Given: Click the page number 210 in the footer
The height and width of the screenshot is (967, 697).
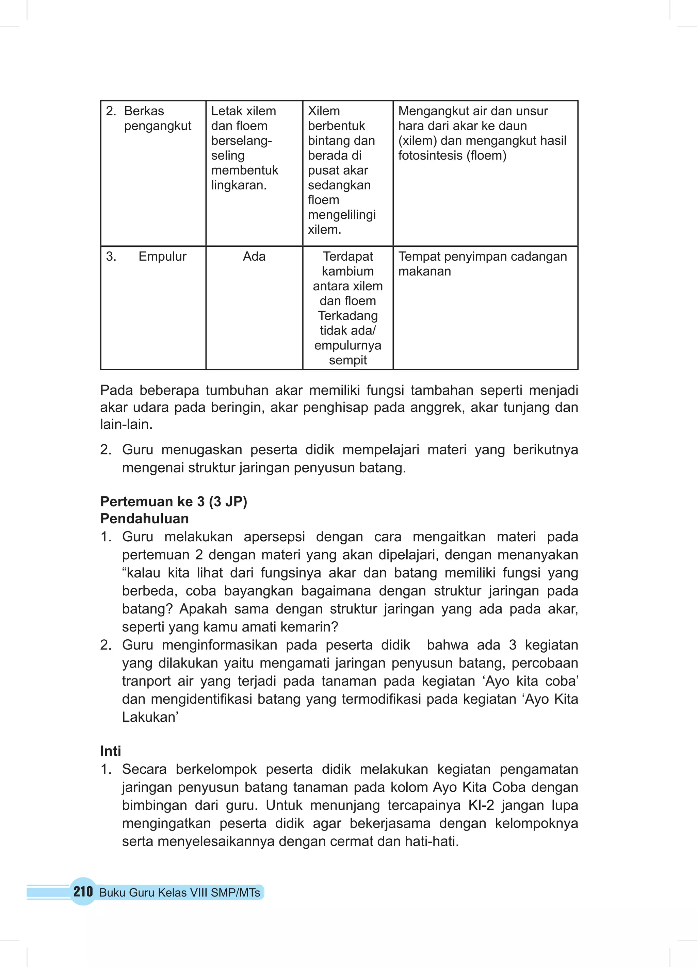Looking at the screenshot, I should [x=83, y=891].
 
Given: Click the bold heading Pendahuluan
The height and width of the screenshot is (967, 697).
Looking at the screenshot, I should [x=144, y=519].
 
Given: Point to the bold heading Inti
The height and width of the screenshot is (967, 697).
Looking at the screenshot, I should [x=111, y=751].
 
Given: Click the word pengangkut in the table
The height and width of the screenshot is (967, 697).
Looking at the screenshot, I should [x=158, y=126].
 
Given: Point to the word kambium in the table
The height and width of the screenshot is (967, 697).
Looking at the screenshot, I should [x=347, y=271].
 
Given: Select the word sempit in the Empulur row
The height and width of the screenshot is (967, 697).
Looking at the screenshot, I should [x=347, y=360].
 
